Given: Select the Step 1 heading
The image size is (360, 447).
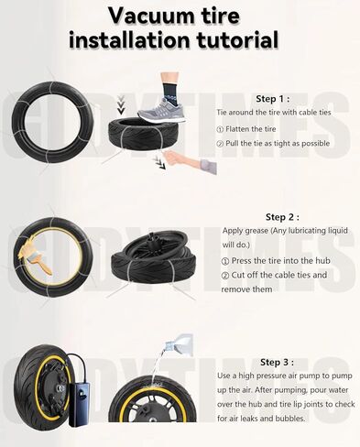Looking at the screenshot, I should tap(272, 98).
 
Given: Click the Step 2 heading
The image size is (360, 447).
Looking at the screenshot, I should tap(281, 217).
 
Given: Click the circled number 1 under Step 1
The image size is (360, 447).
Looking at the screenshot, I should tap(220, 130).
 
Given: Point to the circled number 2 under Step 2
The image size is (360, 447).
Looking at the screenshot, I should tap(225, 275).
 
